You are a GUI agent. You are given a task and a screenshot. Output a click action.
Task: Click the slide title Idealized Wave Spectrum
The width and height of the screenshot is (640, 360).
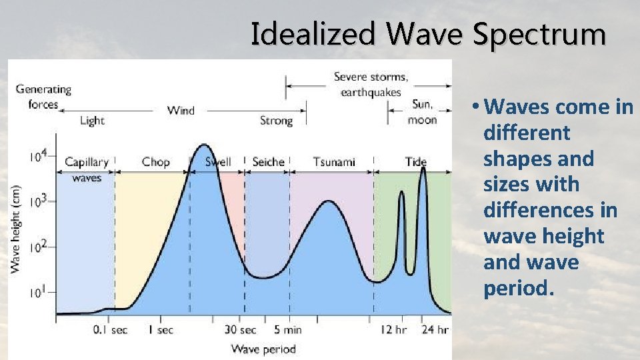click(x=428, y=34)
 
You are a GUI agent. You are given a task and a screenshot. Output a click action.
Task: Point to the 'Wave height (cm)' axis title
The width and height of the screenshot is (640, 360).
click(x=15, y=228)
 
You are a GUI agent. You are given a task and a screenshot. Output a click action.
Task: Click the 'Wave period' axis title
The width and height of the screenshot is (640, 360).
click(x=263, y=349)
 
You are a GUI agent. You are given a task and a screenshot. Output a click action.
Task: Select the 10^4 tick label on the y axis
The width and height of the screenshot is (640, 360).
click(x=38, y=156)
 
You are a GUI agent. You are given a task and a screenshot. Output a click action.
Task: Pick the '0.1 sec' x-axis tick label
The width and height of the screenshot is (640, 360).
click(x=110, y=329)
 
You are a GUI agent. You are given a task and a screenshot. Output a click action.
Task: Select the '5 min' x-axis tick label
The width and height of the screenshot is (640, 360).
click(x=287, y=329)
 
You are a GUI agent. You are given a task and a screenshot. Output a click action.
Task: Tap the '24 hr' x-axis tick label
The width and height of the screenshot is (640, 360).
click(x=434, y=329)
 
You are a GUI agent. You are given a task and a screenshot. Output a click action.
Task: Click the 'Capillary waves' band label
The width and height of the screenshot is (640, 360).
click(x=86, y=169)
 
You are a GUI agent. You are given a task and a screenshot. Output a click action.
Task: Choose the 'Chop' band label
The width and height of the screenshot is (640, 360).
click(x=155, y=162)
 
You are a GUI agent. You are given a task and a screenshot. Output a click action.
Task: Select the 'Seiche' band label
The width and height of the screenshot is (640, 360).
click(x=268, y=162)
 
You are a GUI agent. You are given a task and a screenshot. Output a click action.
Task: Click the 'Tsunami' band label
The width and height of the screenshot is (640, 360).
click(x=334, y=162)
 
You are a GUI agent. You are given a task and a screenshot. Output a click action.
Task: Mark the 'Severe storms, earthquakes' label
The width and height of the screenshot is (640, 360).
click(x=371, y=84)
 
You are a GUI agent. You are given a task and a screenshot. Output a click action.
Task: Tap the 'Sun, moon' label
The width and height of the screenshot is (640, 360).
click(x=422, y=112)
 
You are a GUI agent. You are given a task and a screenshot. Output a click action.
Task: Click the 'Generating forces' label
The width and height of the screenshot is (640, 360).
click(x=43, y=96)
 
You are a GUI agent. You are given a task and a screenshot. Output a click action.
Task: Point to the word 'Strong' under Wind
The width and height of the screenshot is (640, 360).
click(x=276, y=121)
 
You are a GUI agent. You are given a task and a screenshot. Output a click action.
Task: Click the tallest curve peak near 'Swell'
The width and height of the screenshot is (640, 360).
click(x=204, y=145)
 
